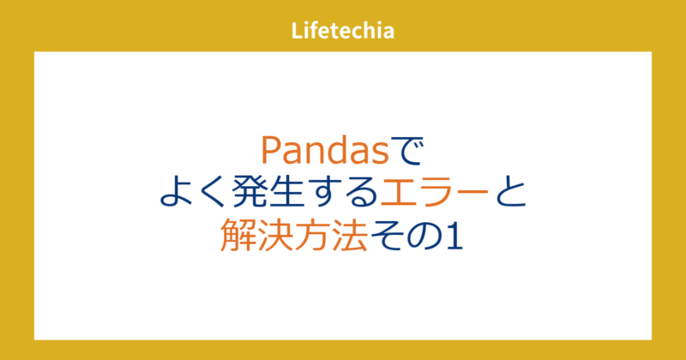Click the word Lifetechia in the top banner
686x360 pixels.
342,32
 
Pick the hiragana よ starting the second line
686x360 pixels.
176,193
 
